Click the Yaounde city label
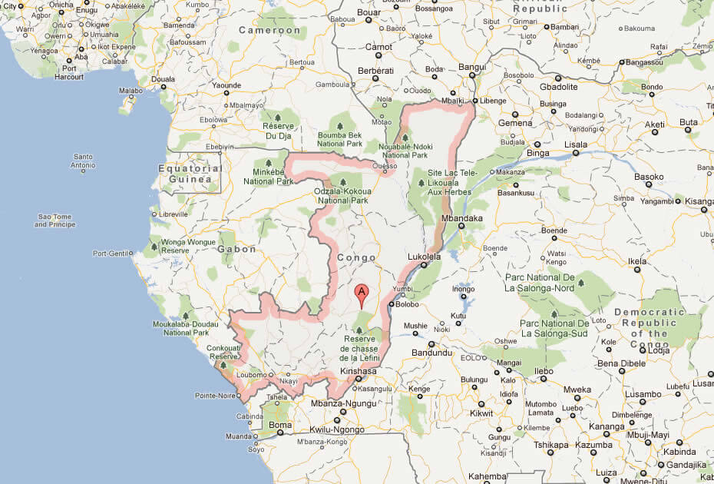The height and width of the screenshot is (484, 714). (226, 85)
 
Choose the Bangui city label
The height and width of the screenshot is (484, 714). (472, 67)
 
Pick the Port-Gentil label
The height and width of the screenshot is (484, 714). (111, 254)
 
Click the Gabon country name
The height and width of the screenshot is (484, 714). (236, 249)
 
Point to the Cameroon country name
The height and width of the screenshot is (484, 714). (269, 30)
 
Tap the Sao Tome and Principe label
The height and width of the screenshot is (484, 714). (56, 221)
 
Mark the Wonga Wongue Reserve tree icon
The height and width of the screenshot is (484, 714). (156, 247)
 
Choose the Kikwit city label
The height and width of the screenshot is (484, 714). (481, 414)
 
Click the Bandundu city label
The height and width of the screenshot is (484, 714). (433, 353)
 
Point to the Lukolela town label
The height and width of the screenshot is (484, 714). (425, 257)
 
